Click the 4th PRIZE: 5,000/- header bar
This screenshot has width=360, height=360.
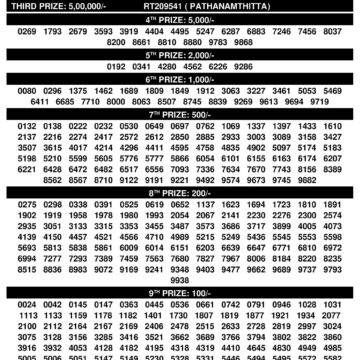[180, 19]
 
